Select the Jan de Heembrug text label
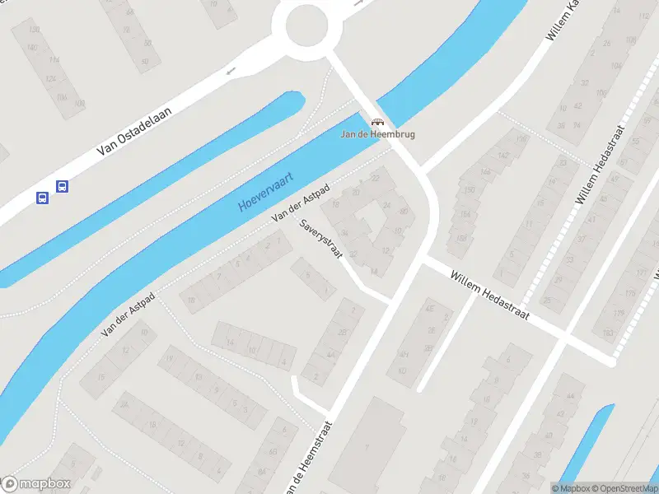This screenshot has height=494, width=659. click(378, 134)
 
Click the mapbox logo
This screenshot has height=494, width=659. click(36, 483)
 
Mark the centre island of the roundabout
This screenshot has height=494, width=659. click(313, 27)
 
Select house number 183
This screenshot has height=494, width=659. click(608, 332)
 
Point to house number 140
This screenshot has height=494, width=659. click(32, 48)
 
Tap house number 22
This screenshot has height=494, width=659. click(377, 178)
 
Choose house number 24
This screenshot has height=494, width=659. click(387, 204)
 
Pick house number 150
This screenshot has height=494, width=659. click(470, 190)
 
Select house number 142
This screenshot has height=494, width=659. click(503, 155)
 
